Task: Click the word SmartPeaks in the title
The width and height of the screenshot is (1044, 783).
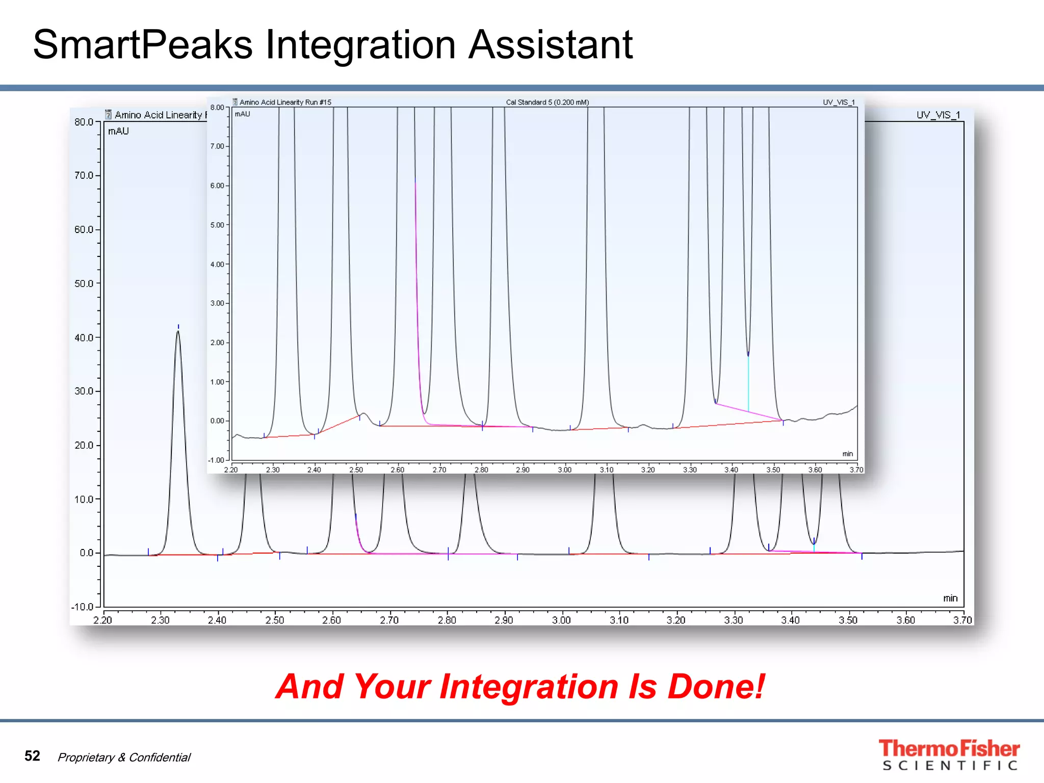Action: coord(143,45)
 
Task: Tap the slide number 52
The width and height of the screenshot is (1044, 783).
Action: coord(32,755)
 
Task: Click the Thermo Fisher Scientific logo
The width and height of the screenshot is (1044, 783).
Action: coord(949,755)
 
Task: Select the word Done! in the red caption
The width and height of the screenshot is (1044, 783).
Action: coord(716,687)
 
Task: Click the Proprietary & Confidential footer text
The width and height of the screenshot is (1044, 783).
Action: coord(124,758)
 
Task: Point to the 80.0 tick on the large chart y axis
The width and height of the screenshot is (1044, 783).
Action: coord(84,122)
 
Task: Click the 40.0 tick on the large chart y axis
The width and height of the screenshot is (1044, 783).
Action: coord(84,337)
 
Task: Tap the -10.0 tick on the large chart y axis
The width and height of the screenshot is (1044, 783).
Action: coord(83,607)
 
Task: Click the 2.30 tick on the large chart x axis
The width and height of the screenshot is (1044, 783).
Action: coord(160,620)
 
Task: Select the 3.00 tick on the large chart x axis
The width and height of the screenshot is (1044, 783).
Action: coord(561,620)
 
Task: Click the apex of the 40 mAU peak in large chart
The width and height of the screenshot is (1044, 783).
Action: coord(178,332)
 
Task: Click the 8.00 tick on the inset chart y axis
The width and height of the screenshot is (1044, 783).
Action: coord(217,107)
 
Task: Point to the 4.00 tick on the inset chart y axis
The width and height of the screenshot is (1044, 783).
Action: coord(217,264)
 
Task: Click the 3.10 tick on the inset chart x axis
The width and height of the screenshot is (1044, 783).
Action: coord(606,469)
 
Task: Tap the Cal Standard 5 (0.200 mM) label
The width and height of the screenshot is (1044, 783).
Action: coord(547,102)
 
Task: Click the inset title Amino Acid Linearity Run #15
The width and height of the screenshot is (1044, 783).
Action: coord(285,102)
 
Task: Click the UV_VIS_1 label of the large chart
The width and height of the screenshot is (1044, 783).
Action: coord(938,115)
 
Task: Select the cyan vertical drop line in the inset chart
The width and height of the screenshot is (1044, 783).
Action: coord(748,382)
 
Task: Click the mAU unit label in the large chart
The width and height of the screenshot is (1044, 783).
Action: coord(118,132)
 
